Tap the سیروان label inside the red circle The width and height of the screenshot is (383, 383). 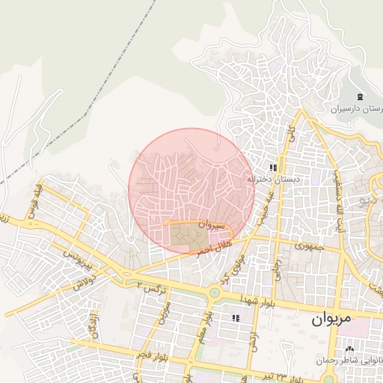pos(212,224)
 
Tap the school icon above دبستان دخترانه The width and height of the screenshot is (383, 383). pos(274,168)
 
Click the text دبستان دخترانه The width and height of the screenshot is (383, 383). pos(274,180)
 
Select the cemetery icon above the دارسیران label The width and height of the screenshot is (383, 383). pos(361,97)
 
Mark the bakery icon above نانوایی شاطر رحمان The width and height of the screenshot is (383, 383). pos(349,350)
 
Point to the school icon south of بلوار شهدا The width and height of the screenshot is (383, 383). pos(236,318)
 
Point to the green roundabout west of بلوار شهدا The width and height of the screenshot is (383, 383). pos(214,293)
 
